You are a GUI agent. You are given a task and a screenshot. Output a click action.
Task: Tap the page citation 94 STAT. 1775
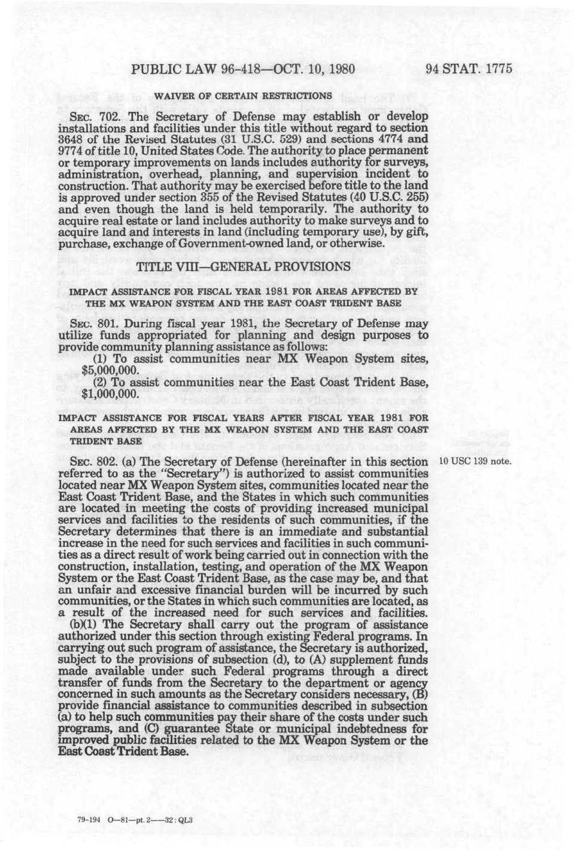(x=469, y=69)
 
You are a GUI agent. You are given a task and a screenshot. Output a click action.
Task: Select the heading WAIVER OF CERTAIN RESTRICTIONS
(x=243, y=96)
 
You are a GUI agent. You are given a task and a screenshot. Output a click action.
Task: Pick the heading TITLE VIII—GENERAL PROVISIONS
(x=243, y=266)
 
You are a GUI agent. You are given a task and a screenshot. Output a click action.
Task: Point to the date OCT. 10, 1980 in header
(x=314, y=69)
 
